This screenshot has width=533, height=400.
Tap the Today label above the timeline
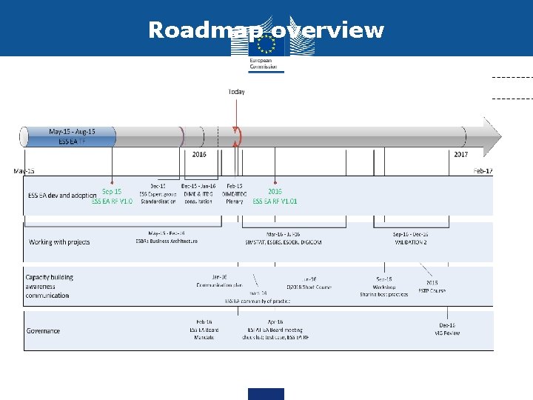click(236, 92)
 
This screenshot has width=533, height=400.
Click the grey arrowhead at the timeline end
click(492, 136)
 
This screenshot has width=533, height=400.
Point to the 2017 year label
click(460, 155)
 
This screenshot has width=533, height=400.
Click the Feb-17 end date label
click(483, 171)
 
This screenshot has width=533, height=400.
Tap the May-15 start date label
click(24, 171)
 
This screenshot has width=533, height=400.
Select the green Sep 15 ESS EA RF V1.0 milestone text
click(112, 196)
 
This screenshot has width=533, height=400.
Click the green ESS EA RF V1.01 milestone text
click(275, 196)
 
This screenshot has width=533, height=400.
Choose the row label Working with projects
click(59, 242)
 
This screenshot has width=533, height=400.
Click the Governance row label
click(43, 331)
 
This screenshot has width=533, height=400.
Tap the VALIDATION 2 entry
click(410, 239)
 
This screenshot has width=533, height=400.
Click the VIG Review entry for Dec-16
click(447, 329)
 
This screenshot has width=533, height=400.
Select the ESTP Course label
click(432, 287)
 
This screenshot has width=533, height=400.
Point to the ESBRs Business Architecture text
click(167, 237)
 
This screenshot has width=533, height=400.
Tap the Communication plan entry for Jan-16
click(219, 281)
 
